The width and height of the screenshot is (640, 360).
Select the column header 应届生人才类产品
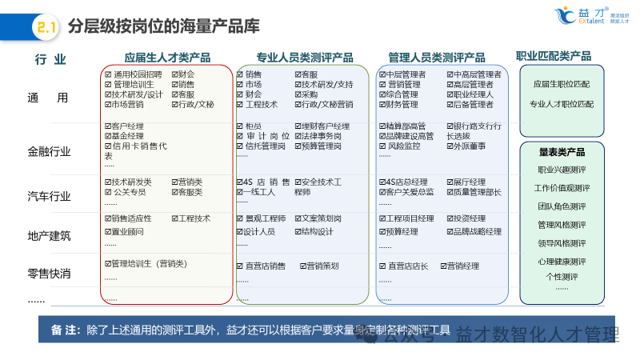(167, 58)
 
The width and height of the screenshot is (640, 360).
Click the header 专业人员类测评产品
(305, 58)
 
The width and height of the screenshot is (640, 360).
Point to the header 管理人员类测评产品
(437, 58)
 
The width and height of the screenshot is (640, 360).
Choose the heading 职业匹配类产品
(554, 56)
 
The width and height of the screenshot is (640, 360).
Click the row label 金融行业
(49, 151)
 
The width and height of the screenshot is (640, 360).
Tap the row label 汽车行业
(49, 196)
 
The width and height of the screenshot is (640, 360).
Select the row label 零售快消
(49, 274)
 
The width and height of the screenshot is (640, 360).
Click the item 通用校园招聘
(137, 74)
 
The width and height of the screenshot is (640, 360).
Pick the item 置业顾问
(128, 232)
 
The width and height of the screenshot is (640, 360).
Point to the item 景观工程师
(265, 218)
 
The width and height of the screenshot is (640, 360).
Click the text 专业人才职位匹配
(562, 104)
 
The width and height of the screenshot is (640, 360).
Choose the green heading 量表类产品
(562, 152)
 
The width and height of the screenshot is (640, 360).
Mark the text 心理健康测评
(562, 262)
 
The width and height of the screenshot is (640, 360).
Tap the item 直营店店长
(408, 266)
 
